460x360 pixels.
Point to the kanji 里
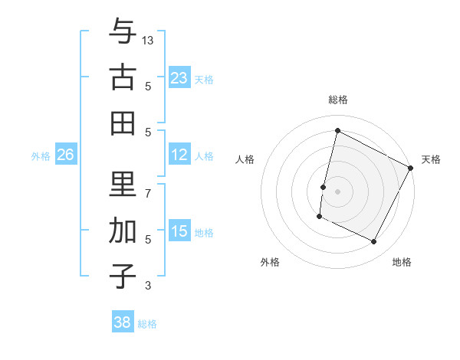tap(123, 185)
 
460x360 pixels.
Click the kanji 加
tap(123, 231)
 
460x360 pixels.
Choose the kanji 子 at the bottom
tap(123, 276)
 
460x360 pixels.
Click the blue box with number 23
tap(179, 78)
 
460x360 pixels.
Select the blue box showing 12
tap(179, 155)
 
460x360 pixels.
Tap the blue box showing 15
tap(179, 231)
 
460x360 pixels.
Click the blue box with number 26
tap(65, 155)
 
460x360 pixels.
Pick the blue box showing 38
tap(122, 322)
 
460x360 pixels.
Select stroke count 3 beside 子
tap(148, 286)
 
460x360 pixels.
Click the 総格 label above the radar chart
tap(337, 100)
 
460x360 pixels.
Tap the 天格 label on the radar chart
tap(431, 159)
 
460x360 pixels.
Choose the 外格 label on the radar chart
tap(270, 263)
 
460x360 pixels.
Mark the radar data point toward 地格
tap(374, 242)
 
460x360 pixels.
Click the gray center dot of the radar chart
tap(337, 191)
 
